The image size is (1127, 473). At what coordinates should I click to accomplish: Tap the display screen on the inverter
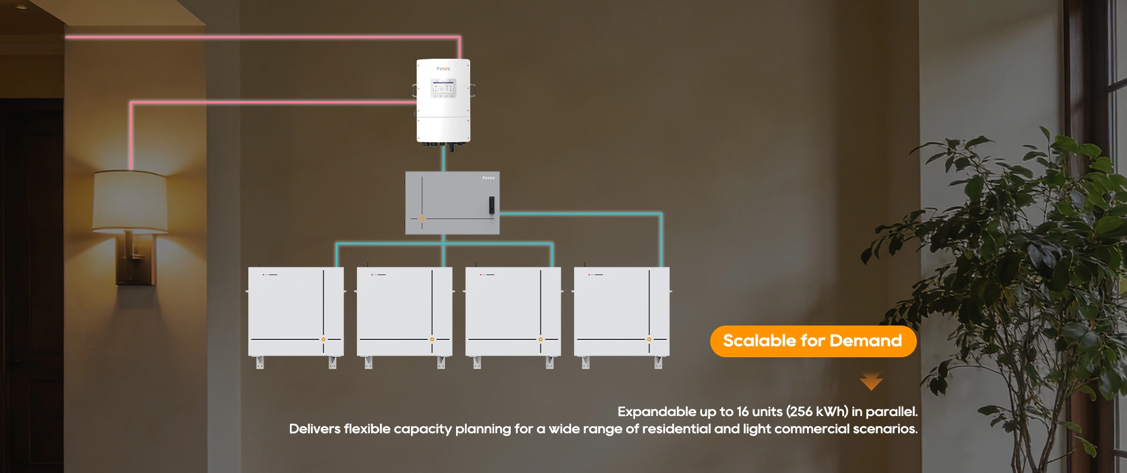click(x=443, y=89)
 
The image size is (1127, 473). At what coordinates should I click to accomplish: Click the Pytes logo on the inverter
click(x=443, y=69)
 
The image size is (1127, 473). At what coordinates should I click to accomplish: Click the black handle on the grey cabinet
click(x=491, y=204)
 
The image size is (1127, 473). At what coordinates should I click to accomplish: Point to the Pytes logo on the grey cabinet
click(x=488, y=178)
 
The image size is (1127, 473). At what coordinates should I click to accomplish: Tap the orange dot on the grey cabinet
click(x=421, y=219)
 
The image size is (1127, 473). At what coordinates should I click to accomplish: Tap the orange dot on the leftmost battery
click(x=323, y=339)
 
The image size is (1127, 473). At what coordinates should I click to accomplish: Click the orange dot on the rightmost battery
click(x=649, y=339)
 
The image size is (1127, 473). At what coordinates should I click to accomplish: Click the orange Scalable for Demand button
click(x=813, y=341)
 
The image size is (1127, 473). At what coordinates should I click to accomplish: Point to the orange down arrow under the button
click(x=871, y=381)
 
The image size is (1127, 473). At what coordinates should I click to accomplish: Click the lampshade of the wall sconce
click(x=130, y=201)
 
